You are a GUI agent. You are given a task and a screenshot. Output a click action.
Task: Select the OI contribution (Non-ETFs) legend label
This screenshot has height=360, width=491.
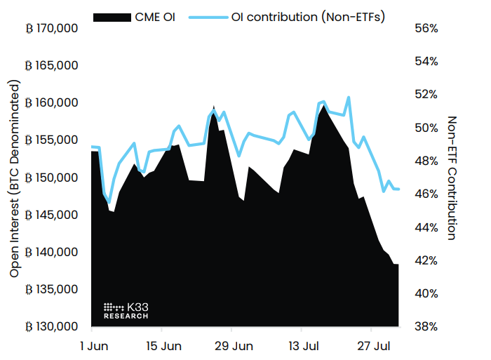(308, 15)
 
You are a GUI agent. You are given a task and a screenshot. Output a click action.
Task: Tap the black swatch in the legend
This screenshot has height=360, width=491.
(112, 15)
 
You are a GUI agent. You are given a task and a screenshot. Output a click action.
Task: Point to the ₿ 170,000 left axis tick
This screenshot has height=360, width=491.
(52, 29)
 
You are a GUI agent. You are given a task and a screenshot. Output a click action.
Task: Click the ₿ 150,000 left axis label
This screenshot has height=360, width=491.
(52, 178)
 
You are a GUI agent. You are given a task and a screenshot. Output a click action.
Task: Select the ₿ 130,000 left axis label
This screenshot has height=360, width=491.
(52, 326)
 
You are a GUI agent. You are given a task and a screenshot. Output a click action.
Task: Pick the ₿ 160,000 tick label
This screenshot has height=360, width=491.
(52, 103)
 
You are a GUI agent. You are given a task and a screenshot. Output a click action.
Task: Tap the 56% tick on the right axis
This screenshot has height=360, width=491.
(426, 29)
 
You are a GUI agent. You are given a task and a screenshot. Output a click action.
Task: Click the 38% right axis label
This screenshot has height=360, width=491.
(426, 326)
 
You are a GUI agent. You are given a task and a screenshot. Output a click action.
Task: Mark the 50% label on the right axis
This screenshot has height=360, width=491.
(426, 128)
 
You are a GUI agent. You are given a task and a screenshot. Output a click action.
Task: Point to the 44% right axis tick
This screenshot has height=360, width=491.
(426, 227)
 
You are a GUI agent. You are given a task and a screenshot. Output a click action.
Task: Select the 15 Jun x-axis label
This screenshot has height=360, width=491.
(163, 346)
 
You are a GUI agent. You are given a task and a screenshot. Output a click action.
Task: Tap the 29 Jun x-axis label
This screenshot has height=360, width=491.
(234, 346)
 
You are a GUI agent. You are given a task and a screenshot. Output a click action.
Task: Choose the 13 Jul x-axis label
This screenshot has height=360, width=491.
(304, 346)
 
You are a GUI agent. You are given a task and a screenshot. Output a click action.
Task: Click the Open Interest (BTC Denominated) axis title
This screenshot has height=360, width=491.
(15, 178)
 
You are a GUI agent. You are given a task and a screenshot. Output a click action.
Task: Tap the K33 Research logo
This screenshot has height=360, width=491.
(126, 311)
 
